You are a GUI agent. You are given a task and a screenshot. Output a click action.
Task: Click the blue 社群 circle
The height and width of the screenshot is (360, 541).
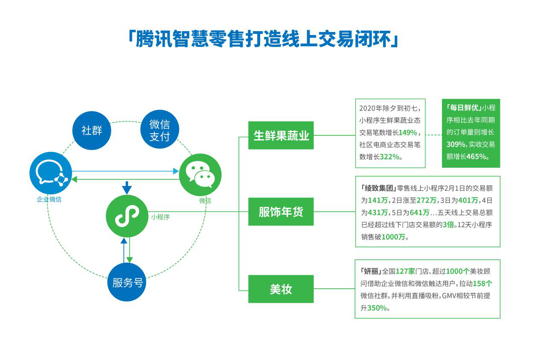click(92, 130)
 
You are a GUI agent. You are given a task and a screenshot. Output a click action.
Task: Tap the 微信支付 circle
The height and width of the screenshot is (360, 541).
click(160, 130)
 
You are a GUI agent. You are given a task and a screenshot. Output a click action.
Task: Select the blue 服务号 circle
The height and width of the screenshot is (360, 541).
click(127, 282)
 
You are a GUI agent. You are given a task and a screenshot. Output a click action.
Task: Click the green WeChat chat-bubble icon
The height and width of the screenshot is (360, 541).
click(200, 174)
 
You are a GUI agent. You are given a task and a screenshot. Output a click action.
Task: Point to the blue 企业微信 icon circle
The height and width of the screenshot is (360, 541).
click(50, 174)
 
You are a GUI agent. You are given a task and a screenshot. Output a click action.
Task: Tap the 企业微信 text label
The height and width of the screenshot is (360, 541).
click(49, 199)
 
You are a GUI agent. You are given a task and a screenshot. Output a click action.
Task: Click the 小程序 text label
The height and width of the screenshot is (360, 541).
click(160, 217)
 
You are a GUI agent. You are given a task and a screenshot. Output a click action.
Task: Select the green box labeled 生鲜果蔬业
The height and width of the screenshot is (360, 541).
click(281, 135)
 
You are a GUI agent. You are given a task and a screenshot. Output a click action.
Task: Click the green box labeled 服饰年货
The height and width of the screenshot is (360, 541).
click(281, 211)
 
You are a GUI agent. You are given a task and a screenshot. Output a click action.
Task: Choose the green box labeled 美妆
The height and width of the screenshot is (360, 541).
click(281, 289)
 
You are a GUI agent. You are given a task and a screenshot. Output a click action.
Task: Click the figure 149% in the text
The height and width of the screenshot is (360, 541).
click(407, 132)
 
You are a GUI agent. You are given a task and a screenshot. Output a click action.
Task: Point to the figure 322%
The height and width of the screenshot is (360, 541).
click(389, 157)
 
